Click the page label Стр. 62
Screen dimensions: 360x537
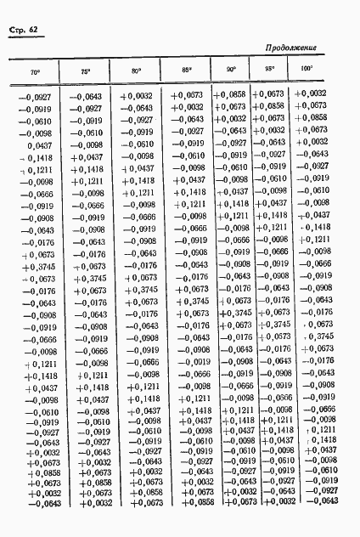[x=26, y=31]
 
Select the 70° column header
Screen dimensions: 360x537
[x=35, y=71]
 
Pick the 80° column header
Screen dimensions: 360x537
[x=137, y=70]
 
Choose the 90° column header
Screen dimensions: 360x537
[x=231, y=69]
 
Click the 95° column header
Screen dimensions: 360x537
[x=271, y=69]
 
